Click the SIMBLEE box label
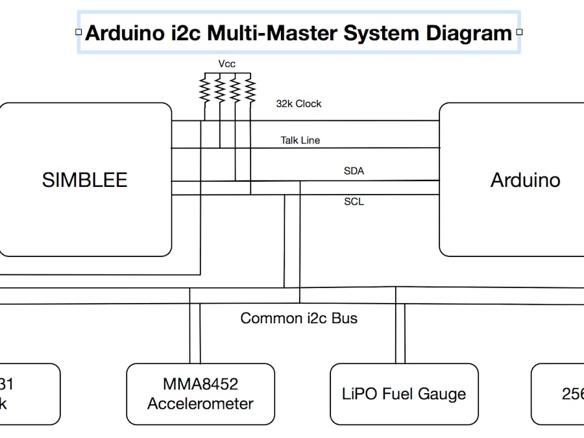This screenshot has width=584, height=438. click(x=84, y=180)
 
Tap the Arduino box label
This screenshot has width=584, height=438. click(x=525, y=180)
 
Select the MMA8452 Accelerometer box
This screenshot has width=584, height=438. click(x=200, y=394)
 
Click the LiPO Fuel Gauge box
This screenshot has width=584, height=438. click(x=404, y=394)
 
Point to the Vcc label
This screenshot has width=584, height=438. click(x=226, y=64)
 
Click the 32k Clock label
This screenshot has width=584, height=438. click(x=298, y=104)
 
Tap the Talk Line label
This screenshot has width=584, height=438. click(x=300, y=140)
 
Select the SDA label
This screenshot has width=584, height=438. click(x=354, y=171)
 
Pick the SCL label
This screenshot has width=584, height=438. click(x=354, y=202)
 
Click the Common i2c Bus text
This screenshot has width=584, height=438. click(x=298, y=318)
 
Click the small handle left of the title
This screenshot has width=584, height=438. click(x=79, y=32)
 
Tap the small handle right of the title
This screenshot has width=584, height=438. click(x=518, y=32)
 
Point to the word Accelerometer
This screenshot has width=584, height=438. click(x=200, y=404)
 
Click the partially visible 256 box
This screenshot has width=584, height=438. click(x=558, y=394)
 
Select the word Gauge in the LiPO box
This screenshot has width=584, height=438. click(x=441, y=394)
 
